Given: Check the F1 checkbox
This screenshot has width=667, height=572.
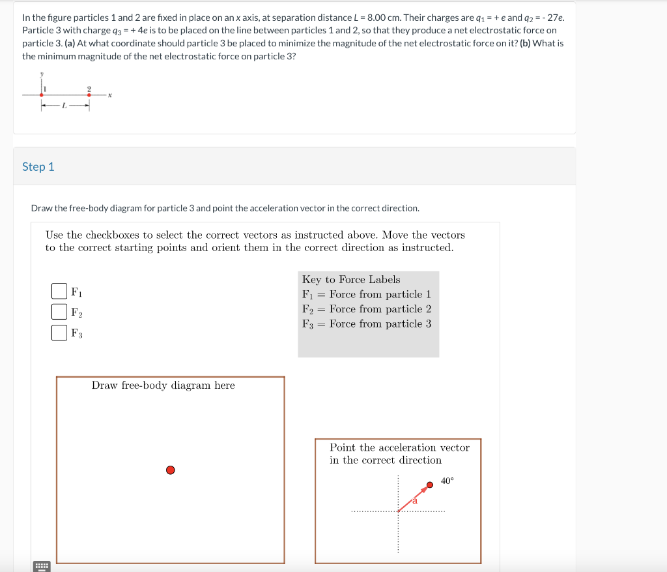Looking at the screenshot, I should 59,290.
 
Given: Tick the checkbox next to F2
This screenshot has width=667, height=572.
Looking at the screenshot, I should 59,312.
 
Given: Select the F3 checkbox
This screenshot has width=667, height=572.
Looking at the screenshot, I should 59,333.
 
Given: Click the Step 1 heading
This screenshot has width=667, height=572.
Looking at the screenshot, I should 38,167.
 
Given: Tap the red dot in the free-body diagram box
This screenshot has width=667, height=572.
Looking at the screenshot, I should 170,470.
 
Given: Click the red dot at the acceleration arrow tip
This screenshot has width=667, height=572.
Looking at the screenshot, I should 429,485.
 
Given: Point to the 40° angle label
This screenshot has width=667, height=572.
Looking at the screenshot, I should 447,481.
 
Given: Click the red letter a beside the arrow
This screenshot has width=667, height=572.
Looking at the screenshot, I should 414,501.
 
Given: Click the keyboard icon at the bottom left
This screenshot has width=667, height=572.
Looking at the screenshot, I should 42,565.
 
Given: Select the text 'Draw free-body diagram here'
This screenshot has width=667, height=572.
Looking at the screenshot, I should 163,385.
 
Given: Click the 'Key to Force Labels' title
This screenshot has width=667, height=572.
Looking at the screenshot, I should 351,279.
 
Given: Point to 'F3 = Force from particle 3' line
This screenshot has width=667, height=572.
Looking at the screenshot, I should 367,324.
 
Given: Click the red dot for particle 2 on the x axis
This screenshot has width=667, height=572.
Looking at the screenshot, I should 89,95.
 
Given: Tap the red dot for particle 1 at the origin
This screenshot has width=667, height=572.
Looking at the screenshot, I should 42,95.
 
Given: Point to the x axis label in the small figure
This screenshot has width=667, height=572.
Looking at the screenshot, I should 111,95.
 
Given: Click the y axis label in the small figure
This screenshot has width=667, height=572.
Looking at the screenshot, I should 42,74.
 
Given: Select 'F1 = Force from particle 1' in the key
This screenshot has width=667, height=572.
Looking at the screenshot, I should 367,294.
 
